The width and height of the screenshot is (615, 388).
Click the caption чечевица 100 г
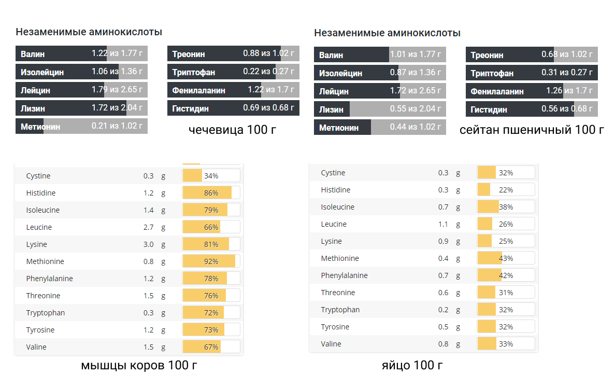pos(233,129)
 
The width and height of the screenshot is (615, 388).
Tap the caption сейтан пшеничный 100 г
pos(532,130)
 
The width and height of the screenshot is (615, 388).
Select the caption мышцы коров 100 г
pos(139,365)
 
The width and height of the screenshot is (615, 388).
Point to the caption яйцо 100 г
pos(412,365)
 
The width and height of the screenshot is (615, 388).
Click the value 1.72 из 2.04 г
pos(117,108)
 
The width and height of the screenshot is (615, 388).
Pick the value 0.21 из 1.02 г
pos(117,126)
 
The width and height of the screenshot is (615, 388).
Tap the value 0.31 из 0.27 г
pos(567,73)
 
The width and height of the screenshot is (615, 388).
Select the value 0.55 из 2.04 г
pos(416,109)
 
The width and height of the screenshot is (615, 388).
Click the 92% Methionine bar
pos(211,261)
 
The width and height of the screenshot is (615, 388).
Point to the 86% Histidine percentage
pos(211,193)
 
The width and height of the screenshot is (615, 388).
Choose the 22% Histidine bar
pos(506,190)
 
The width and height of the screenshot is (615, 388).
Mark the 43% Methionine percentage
pos(506,258)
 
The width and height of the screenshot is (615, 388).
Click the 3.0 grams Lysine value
pos(149,244)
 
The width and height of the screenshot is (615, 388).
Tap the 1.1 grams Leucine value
pos(443,224)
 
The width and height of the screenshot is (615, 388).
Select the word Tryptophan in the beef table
pos(46,313)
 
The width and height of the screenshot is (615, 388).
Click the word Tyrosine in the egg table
pos(335,327)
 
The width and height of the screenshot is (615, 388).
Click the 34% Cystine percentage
pos(211,176)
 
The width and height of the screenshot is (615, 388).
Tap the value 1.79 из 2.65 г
pos(117,90)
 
